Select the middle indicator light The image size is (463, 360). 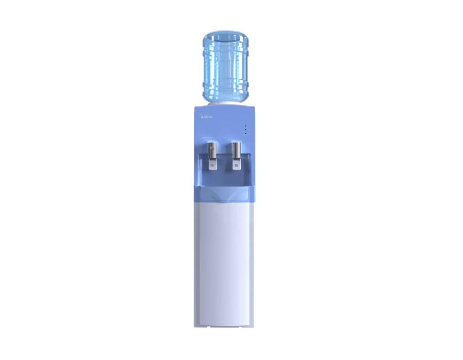click(245, 130)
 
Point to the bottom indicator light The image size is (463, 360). click(245, 134)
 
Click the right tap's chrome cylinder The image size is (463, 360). click(236, 151)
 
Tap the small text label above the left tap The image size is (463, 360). click(213, 138)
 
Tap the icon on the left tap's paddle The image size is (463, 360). click(212, 166)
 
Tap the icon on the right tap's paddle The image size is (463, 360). click(237, 166)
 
